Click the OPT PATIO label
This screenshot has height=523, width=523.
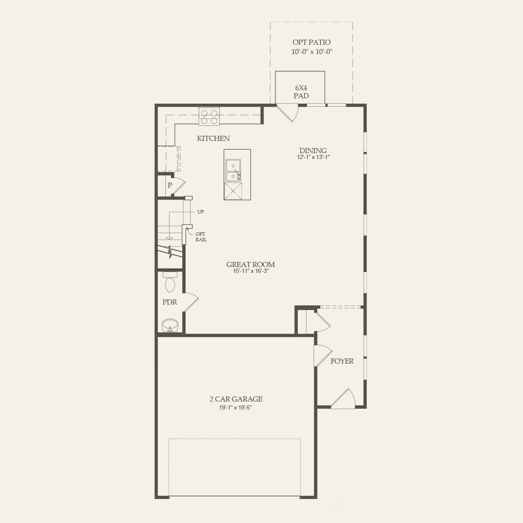tap(311, 42)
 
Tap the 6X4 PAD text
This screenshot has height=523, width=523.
tap(301, 92)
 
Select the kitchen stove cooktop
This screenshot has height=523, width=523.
tap(209, 117)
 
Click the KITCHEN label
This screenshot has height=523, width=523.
tap(213, 138)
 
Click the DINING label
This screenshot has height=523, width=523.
tap(313, 151)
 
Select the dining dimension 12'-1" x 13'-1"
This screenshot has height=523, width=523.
tap(313, 157)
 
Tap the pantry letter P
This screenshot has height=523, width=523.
tap(170, 185)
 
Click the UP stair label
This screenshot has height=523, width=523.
tap(200, 212)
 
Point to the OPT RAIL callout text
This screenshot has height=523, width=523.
tap(201, 237)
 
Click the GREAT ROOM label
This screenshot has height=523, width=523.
tap(251, 264)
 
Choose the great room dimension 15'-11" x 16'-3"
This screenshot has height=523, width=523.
tap(251, 271)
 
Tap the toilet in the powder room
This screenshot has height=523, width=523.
tap(170, 282)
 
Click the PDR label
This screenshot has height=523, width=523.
tap(170, 302)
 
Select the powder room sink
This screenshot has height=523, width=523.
tap(170, 326)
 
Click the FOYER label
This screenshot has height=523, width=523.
tap(342, 361)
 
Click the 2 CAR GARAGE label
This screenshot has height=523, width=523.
tap(236, 399)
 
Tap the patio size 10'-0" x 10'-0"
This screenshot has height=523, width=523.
tap(312, 52)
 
